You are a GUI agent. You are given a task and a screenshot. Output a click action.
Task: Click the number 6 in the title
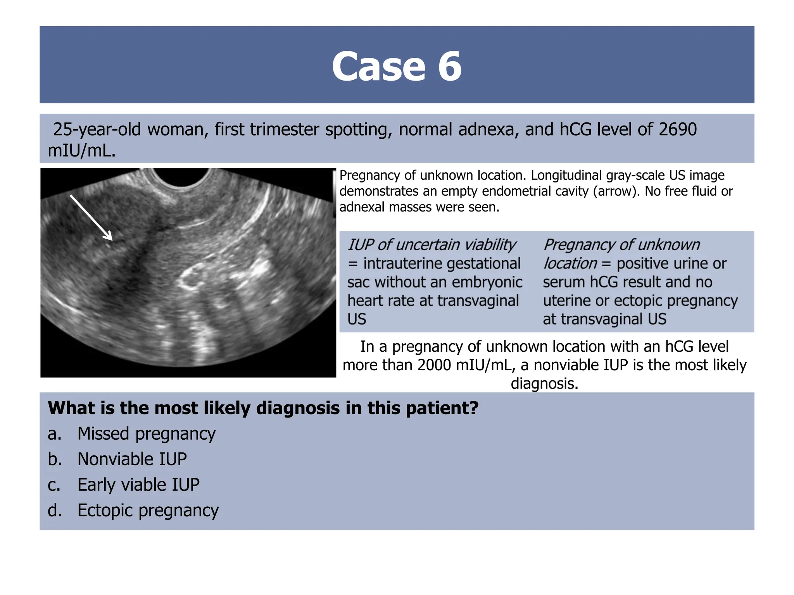[450, 67]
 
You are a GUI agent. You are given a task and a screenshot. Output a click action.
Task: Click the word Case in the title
[378, 67]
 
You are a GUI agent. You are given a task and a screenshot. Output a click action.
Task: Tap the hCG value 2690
[677, 129]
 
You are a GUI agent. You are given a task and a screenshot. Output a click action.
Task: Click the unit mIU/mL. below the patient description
[81, 150]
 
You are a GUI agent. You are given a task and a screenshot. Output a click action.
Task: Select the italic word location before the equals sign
[570, 263]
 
